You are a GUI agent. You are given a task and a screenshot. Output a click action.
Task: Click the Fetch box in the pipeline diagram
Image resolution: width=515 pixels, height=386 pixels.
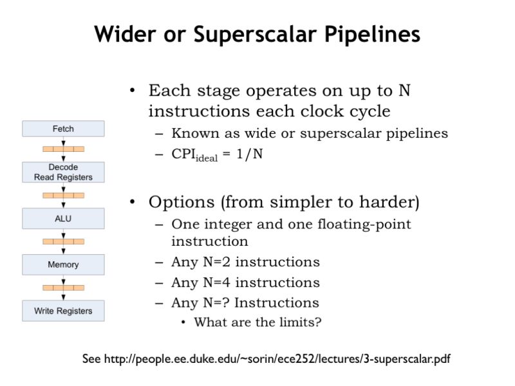coord(63,129)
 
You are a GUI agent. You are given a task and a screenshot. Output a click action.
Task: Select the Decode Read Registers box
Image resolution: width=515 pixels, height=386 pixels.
coord(63,172)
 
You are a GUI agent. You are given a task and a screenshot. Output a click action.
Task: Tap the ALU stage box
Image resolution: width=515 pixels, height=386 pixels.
coord(63,219)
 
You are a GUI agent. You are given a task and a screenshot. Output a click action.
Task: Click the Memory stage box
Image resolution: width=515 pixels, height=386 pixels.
coord(63,264)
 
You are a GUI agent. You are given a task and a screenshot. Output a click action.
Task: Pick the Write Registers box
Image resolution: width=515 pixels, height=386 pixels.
coord(63,311)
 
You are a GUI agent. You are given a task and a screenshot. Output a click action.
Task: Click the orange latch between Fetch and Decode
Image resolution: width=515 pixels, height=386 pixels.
coord(63,149)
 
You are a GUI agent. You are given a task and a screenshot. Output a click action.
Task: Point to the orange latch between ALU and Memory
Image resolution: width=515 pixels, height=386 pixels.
coord(63,241)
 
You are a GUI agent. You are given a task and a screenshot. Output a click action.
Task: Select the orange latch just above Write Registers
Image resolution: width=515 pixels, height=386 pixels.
coord(63,288)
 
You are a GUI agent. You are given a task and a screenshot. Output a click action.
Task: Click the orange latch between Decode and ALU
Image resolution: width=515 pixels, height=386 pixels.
coord(63,195)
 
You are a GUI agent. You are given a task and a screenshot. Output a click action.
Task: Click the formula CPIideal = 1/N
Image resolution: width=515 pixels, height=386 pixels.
coord(218,155)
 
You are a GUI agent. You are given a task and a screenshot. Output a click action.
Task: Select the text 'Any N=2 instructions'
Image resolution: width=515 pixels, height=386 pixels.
coord(245,262)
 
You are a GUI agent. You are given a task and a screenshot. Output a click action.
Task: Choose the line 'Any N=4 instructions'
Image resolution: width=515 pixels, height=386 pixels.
coord(245,282)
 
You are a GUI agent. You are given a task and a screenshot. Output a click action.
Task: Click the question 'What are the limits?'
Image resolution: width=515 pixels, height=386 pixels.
coord(257,322)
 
